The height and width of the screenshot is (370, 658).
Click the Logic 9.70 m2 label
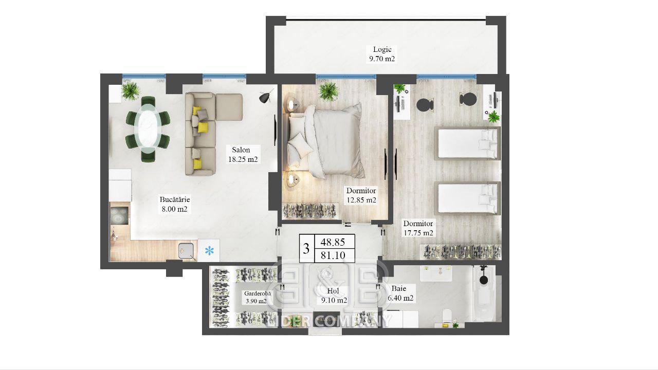pyautogui.click(x=382, y=54)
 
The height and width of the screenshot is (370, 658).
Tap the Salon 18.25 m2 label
pyautogui.click(x=243, y=155)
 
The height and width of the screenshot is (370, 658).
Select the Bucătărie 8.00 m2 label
pyautogui.click(x=174, y=204)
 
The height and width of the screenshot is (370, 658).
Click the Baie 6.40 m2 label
pyautogui.click(x=400, y=293)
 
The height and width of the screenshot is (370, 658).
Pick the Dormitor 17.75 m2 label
pyautogui.click(x=418, y=228)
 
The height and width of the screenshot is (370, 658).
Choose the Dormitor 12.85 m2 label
pyautogui.click(x=361, y=195)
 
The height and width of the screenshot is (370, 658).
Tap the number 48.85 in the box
pyautogui.click(x=333, y=242)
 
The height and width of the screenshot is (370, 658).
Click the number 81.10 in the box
pyautogui.click(x=333, y=255)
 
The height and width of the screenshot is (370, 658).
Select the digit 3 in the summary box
pyautogui.click(x=306, y=249)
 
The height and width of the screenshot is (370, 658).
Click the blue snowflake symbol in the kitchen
pyautogui.click(x=209, y=251)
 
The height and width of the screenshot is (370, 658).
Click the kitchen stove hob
pyautogui.click(x=119, y=216)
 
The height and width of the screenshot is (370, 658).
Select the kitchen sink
pyautogui.click(x=186, y=251)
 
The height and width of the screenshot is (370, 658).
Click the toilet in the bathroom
pyautogui.click(x=447, y=317)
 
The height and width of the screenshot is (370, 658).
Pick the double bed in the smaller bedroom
pyautogui.click(x=326, y=141)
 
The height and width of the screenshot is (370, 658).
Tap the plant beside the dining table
pyautogui.click(x=130, y=91)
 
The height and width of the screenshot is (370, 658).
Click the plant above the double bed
pyautogui.click(x=328, y=91)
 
